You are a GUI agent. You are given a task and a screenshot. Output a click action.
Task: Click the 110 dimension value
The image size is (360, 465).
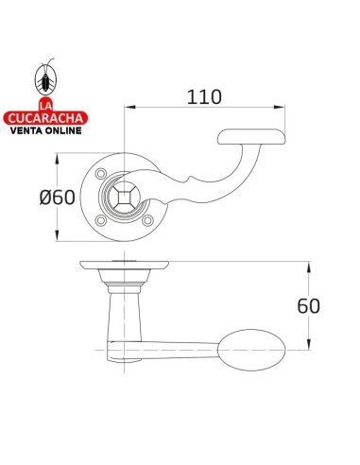click(x=204, y=97)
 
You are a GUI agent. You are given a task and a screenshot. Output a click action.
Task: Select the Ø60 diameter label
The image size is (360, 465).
click(x=58, y=198)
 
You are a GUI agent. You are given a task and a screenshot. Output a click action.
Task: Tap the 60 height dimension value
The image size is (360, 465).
click(x=309, y=306)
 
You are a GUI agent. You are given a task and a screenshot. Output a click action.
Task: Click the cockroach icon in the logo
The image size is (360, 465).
click(x=45, y=77)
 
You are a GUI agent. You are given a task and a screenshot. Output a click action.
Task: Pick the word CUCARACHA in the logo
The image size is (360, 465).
click(x=45, y=118)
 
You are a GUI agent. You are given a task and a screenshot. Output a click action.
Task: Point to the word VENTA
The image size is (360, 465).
click(x=26, y=130)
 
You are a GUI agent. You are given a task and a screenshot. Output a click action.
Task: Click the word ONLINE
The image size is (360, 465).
click(x=62, y=130)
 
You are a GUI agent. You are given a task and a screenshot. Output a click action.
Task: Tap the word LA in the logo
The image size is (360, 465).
click(x=45, y=105)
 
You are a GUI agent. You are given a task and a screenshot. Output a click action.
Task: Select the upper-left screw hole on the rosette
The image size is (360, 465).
click(x=101, y=174)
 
